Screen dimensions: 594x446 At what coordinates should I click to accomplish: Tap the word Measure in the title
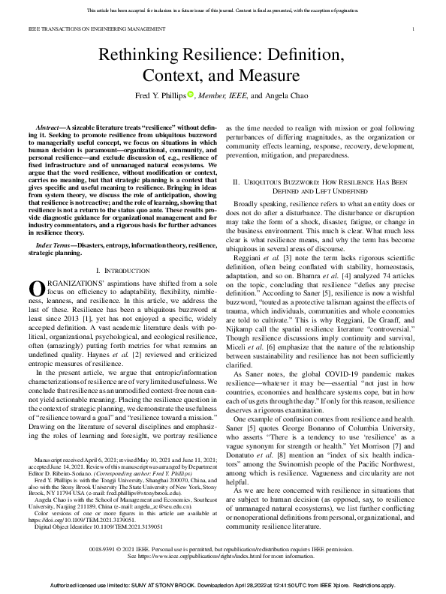(x=270, y=76)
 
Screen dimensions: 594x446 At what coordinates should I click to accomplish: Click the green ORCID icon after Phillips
(x=191, y=94)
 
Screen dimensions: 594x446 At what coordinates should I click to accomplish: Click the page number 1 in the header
(x=414, y=29)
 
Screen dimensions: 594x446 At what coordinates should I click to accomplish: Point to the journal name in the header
(x=86, y=29)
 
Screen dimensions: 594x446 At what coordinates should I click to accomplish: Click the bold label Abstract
(x=59, y=130)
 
